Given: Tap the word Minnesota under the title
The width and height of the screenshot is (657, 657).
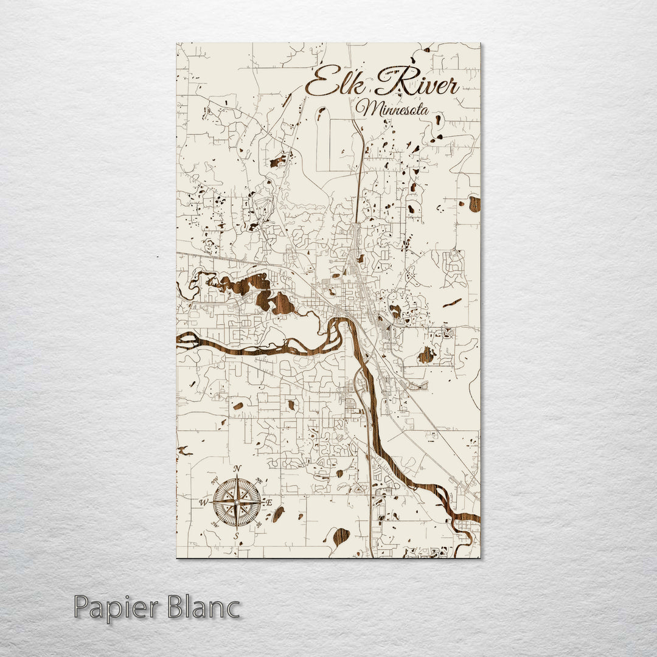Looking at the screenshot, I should pyautogui.click(x=392, y=109).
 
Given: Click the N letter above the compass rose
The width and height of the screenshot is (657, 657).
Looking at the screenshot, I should pyautogui.click(x=237, y=468).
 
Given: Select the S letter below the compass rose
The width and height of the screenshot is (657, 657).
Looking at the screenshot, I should pyautogui.click(x=237, y=536).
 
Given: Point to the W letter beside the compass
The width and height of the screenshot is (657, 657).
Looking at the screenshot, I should pyautogui.click(x=203, y=502).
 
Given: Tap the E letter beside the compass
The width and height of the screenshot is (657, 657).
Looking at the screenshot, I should pyautogui.click(x=269, y=502).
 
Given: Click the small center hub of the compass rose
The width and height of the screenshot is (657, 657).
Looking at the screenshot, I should pyautogui.click(x=237, y=502).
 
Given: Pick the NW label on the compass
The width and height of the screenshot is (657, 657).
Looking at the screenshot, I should pyautogui.click(x=214, y=481).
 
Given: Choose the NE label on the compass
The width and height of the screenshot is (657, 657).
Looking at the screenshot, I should pyautogui.click(x=260, y=481).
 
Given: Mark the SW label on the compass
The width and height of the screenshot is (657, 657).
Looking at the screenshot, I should pyautogui.click(x=214, y=524).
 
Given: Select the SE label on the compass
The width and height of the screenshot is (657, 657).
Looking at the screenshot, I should pyautogui.click(x=260, y=524).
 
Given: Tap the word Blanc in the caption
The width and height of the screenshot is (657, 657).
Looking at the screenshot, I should pyautogui.click(x=204, y=608).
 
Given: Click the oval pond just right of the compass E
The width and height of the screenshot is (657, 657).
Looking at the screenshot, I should pyautogui.click(x=278, y=515).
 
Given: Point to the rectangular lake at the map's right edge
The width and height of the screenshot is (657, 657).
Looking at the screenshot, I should pyautogui.click(x=474, y=204).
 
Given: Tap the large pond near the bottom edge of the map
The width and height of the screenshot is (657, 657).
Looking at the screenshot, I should pyautogui.click(x=341, y=536).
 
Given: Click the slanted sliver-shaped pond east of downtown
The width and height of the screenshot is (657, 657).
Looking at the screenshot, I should pyautogui.click(x=451, y=303).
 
